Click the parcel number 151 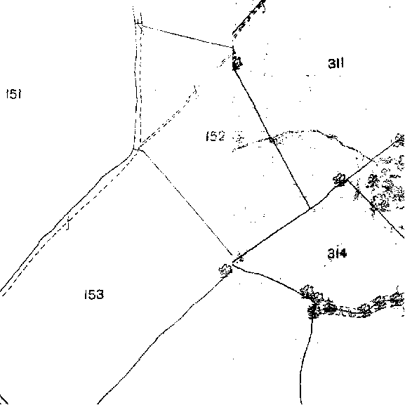click(x=14, y=94)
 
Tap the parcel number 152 click(x=215, y=136)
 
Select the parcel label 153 click(x=94, y=295)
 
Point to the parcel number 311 click(x=336, y=63)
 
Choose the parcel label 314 click(x=337, y=253)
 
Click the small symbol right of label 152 click(x=240, y=138)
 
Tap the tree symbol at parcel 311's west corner click(x=237, y=62)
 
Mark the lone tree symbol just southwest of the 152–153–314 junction click(x=225, y=270)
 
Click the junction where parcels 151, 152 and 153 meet click(x=136, y=149)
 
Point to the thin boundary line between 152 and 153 click(x=185, y=201)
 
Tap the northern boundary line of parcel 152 click(x=185, y=36)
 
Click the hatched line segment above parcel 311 click(x=248, y=18)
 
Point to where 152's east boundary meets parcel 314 click(x=310, y=208)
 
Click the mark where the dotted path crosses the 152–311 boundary click(x=272, y=140)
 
